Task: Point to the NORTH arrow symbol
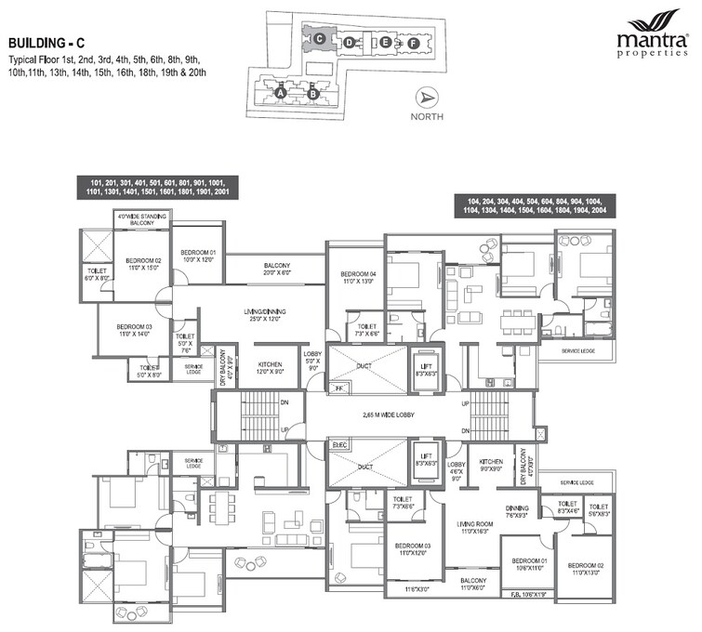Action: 426,99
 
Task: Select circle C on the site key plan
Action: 319,39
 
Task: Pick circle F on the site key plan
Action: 414,43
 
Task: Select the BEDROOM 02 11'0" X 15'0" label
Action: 144,264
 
